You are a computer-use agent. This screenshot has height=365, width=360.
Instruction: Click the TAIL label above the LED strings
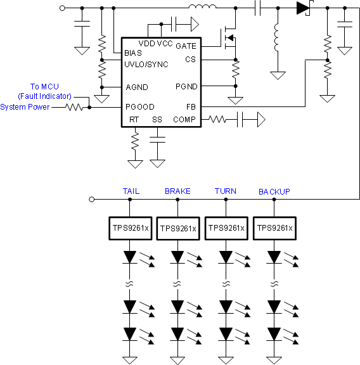(x=131, y=191)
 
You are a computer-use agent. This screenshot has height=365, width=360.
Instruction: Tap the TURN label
(x=225, y=191)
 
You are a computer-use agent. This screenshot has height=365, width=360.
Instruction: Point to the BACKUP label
(x=274, y=191)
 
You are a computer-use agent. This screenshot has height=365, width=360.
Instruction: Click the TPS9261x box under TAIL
(x=129, y=228)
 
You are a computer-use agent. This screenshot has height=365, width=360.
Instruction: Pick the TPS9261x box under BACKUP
(x=274, y=228)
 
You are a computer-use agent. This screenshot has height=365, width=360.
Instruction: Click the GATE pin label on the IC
(x=185, y=46)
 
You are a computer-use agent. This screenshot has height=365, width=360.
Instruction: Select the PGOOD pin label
(x=139, y=107)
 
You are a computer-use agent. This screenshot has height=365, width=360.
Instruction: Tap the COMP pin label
(x=184, y=119)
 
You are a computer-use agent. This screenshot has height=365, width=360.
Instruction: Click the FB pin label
(x=191, y=107)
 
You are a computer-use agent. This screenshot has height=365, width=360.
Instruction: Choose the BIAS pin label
(x=133, y=53)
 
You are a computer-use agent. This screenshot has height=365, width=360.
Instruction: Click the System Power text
(x=25, y=107)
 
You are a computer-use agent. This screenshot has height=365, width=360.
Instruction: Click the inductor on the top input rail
(x=202, y=8)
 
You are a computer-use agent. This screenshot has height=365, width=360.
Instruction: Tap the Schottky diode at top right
(x=302, y=9)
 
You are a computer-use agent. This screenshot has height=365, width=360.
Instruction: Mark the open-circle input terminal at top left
(x=61, y=9)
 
